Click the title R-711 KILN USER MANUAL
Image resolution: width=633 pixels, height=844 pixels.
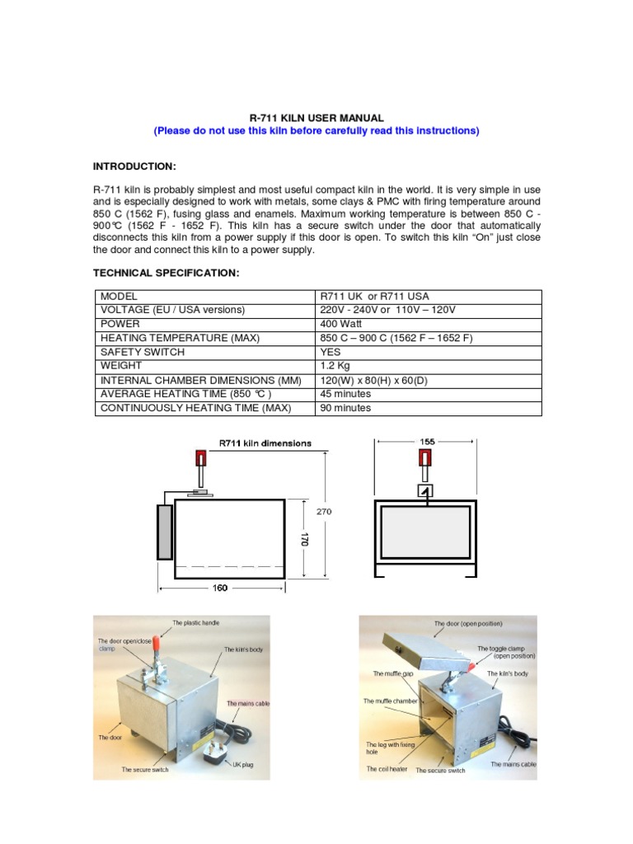316,119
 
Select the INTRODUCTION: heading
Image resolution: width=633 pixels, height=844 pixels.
134,166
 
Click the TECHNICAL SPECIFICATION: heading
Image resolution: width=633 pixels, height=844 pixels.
166,273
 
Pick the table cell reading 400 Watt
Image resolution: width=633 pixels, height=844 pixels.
342,324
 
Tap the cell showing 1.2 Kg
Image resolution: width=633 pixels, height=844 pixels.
335,366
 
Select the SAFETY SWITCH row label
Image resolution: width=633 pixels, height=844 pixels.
142,352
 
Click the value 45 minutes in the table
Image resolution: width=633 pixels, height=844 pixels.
345,394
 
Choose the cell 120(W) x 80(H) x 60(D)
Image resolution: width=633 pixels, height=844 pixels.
373,380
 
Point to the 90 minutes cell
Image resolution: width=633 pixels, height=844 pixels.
345,408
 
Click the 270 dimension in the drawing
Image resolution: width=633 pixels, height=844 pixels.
324,511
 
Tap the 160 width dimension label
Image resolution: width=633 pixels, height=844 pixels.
221,588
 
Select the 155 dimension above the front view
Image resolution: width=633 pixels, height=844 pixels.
427,442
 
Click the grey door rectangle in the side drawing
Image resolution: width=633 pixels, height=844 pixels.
164,532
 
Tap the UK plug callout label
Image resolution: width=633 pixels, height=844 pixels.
242,765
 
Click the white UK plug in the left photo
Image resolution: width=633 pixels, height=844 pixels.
212,746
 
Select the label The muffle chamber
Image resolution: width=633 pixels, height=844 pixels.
392,701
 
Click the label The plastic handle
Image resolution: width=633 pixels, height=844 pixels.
196,622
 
